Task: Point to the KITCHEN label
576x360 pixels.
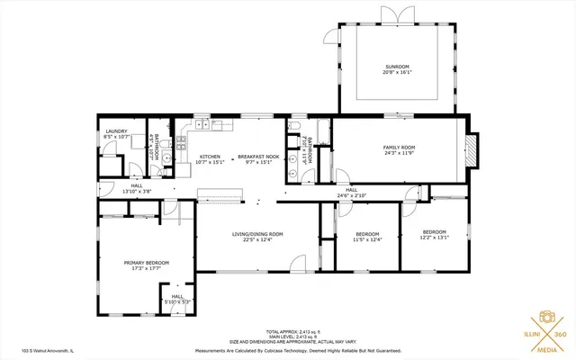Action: point(210,157)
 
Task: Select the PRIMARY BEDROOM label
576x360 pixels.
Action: point(146,262)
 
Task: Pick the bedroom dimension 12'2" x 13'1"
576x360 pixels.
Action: point(435,238)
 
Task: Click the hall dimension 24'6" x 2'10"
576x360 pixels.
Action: point(351,195)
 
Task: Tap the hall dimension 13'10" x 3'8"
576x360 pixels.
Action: point(137,191)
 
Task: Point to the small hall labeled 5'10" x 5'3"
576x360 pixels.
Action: point(177,302)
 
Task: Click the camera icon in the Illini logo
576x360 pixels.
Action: point(545,317)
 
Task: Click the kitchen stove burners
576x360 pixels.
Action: point(182,141)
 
